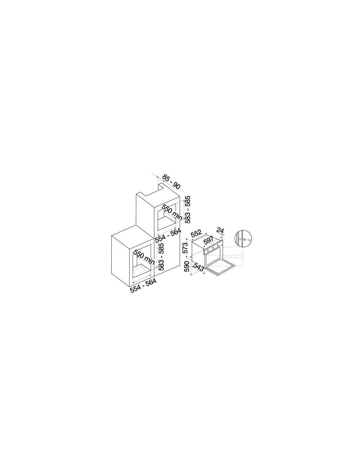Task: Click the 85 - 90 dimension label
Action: pos(171,182)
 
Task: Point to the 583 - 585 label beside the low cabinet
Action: pos(161,257)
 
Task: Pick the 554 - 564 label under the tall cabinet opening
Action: pos(168,236)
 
